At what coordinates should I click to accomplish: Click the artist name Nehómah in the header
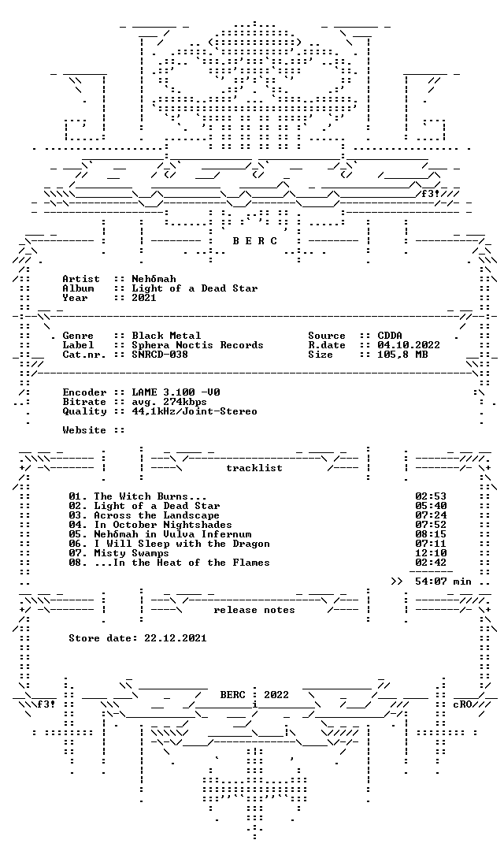coord(154,279)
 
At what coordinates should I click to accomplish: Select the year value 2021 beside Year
coord(144,298)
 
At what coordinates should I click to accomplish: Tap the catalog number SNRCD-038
coord(160,355)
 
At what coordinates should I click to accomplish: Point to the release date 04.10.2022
coord(409,345)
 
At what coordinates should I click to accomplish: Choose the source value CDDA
coord(390,336)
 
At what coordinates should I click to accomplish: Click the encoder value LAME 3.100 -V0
coord(176,392)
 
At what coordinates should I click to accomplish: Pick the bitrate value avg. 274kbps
coord(169,402)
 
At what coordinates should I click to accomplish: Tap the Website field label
coord(84,430)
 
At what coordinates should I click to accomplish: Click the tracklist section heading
coord(254,468)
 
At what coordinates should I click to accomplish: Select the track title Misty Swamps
coord(132,553)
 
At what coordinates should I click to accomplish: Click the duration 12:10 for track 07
coord(431,553)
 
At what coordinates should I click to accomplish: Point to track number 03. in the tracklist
coord(78,515)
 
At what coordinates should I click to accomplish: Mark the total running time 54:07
coord(431,582)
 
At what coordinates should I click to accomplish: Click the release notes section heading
coord(254,610)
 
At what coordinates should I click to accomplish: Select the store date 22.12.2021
coord(176,638)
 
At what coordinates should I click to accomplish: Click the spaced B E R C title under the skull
coord(255,241)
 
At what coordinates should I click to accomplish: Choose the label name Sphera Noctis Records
coord(198,345)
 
